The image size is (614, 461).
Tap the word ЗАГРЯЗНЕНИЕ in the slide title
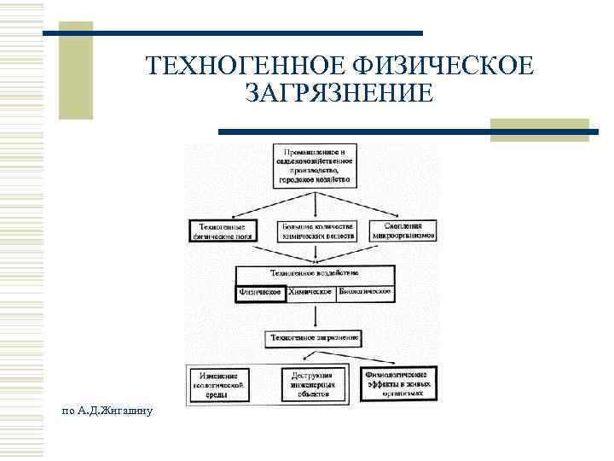tap(338, 92)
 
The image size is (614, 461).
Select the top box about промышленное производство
tap(315, 166)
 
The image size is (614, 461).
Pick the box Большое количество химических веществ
tap(315, 231)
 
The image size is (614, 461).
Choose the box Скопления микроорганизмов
tap(405, 231)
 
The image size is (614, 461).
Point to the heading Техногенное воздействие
tap(315, 274)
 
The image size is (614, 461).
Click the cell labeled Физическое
tap(260, 292)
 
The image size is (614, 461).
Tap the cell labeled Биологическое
tap(365, 292)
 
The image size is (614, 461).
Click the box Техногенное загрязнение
tap(315, 339)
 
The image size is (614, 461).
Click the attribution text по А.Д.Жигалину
tap(107, 411)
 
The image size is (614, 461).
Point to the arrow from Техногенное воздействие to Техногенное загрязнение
tap(315, 317)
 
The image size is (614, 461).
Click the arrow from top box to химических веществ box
tap(315, 203)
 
